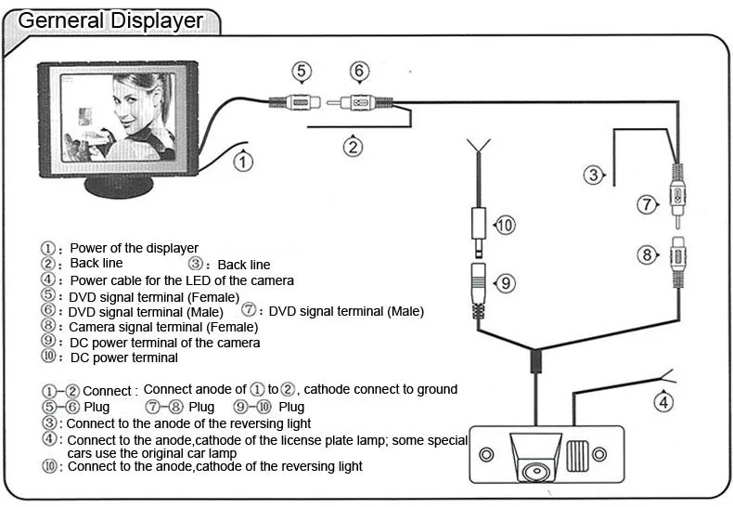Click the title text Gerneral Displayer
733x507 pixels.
click(x=110, y=19)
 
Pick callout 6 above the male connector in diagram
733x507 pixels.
click(x=359, y=71)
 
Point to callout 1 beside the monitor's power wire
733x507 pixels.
click(x=242, y=162)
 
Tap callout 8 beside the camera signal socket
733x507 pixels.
click(x=646, y=254)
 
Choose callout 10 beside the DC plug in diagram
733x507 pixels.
click(x=504, y=225)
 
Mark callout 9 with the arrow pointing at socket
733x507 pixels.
click(x=504, y=283)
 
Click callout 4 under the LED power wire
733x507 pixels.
click(x=662, y=402)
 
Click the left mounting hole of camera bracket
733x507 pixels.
click(x=485, y=455)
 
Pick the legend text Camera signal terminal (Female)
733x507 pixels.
click(x=162, y=327)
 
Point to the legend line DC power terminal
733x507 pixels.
click(x=123, y=357)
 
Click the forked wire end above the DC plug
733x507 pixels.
click(x=478, y=146)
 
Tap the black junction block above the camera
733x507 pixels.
click(x=535, y=362)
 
